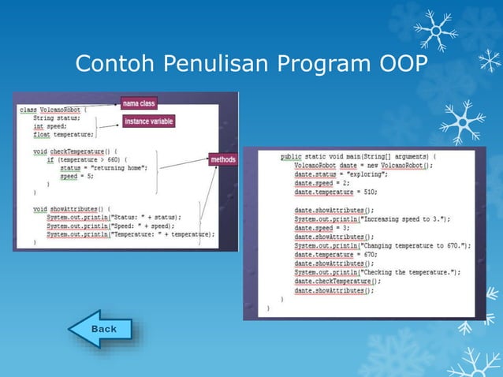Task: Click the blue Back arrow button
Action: [x=100, y=329]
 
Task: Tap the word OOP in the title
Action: [x=401, y=63]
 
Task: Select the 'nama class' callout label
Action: [x=139, y=103]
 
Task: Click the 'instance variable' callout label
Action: [x=149, y=121]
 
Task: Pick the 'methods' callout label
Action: [x=223, y=160]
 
